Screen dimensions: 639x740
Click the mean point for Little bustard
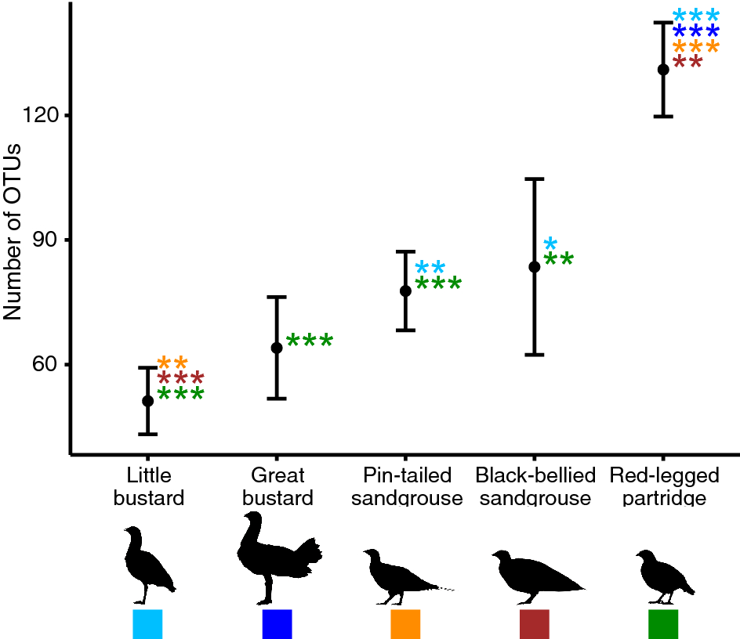pos(147,401)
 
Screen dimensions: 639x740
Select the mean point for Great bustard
pos(277,348)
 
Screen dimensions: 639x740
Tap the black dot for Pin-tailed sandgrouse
pos(405,291)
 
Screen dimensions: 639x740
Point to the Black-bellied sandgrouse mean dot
pos(535,267)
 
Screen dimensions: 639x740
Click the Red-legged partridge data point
pos(663,70)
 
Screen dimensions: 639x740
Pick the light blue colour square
pos(147,624)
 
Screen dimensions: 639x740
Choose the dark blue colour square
pos(277,624)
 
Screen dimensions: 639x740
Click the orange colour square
pos(405,624)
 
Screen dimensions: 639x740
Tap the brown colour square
pos(535,624)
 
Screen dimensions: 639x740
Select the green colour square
pos(663,624)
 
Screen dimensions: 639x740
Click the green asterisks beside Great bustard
pos(310,341)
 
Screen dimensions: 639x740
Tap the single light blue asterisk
pos(550,244)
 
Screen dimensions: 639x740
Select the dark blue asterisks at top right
pos(696,32)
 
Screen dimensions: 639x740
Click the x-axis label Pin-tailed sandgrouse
pos(407,486)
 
